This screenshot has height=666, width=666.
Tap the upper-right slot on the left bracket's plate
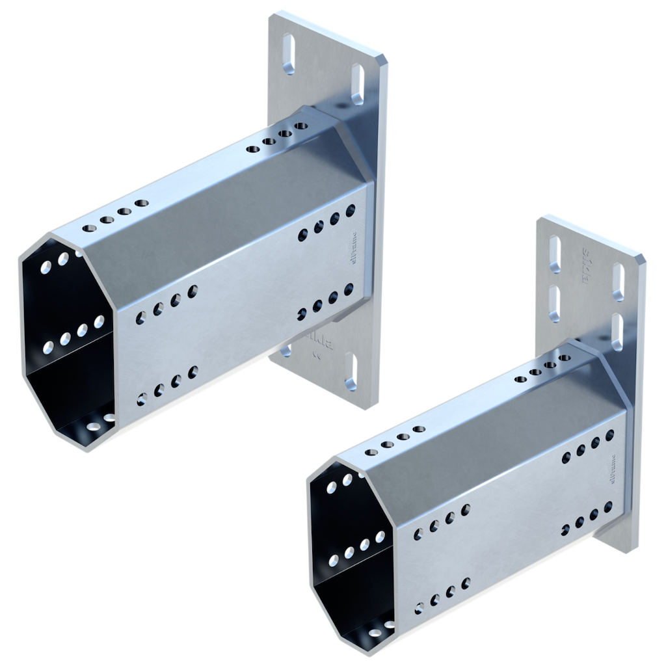357,83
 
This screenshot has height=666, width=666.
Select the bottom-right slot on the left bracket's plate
352,371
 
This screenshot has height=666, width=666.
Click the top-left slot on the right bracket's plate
554,254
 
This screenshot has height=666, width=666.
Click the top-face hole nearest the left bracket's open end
88,228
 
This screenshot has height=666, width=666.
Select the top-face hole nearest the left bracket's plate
300,126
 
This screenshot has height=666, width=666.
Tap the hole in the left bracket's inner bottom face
94,427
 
